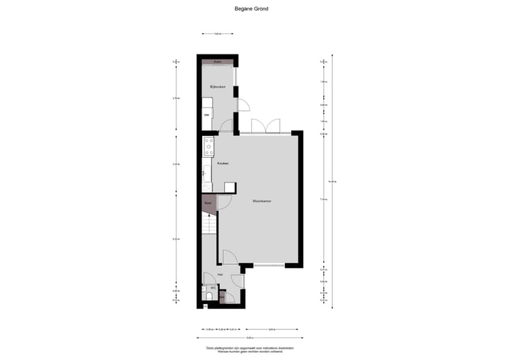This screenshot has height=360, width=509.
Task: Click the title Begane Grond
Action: [251, 9]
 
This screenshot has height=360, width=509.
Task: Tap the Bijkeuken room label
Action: [217, 87]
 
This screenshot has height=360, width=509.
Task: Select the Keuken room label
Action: [222, 163]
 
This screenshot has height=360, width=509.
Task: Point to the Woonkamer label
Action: [262, 201]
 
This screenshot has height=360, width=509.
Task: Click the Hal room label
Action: [221, 274]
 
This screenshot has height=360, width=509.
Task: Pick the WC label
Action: [213, 288]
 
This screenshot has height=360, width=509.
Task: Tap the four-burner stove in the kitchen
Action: [209, 146]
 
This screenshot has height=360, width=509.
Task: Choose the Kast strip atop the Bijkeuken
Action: [218, 62]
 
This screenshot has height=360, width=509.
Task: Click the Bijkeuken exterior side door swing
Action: [242, 105]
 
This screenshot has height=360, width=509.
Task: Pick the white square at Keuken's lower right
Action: [230, 187]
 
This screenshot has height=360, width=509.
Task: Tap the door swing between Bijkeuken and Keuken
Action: [227, 127]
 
